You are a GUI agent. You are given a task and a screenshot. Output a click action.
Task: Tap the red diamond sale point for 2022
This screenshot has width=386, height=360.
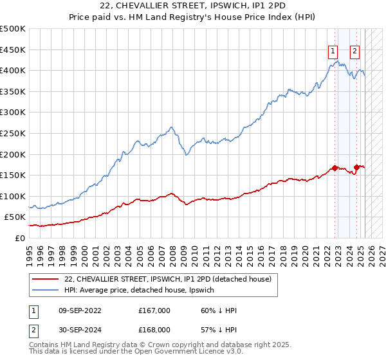click(x=335, y=168)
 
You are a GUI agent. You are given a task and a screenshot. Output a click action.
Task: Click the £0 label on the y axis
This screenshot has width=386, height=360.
click(x=20, y=238)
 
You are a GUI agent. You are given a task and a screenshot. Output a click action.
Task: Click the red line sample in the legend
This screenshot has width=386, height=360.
click(x=45, y=279)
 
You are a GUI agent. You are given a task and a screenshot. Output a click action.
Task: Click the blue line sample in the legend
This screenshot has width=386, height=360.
click(x=45, y=290)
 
